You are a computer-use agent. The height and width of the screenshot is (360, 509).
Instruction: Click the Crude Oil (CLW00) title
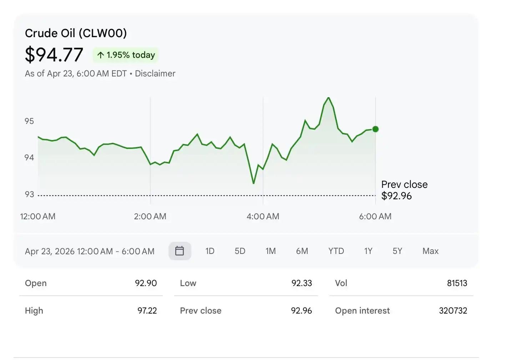point(76,33)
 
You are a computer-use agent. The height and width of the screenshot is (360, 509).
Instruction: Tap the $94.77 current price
point(54,55)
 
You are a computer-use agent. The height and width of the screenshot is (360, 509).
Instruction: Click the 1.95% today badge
point(126,55)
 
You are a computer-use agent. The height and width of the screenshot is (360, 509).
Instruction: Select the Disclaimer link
point(155,74)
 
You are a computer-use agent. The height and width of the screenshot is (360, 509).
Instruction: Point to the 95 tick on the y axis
point(29,121)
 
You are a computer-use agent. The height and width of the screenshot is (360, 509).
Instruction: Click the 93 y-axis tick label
point(29,194)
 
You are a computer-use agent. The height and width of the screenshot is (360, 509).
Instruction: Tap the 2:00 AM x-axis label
point(150,216)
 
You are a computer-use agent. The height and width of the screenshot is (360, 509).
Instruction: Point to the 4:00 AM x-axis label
point(263,216)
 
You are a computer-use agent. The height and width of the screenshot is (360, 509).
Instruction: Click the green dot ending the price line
point(376,129)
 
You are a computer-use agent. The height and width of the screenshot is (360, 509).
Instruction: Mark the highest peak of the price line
point(328,97)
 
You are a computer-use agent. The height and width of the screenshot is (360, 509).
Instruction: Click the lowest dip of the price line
point(253,183)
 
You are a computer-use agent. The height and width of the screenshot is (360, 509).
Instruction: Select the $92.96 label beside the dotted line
point(397,196)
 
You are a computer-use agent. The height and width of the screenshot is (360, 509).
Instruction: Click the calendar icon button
point(180,251)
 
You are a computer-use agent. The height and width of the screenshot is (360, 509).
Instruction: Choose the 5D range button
point(240,251)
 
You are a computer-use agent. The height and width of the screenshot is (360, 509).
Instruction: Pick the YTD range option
point(336,251)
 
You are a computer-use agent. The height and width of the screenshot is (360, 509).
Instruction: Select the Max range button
point(430,251)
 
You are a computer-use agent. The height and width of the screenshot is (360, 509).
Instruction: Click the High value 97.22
point(147,311)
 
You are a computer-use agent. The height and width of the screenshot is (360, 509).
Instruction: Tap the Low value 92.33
point(302,283)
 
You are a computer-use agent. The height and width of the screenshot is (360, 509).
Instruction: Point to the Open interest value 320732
point(453,311)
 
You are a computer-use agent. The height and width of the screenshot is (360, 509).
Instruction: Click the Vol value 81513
point(457,283)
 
